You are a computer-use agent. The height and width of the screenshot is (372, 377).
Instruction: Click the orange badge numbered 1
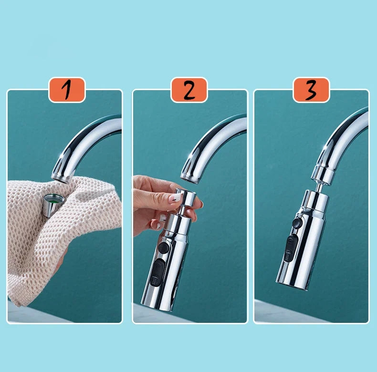tap(67, 90)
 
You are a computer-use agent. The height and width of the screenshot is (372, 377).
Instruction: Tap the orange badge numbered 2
tap(189, 90)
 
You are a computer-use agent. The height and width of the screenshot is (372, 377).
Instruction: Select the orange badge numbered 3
tap(311, 90)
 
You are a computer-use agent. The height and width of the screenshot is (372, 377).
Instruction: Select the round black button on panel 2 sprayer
tap(164, 248)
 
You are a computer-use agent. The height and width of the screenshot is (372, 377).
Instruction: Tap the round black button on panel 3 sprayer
tap(297, 223)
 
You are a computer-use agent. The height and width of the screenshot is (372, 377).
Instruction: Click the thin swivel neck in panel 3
tap(319, 187)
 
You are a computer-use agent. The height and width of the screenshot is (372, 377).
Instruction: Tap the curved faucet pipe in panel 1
tap(82, 144)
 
